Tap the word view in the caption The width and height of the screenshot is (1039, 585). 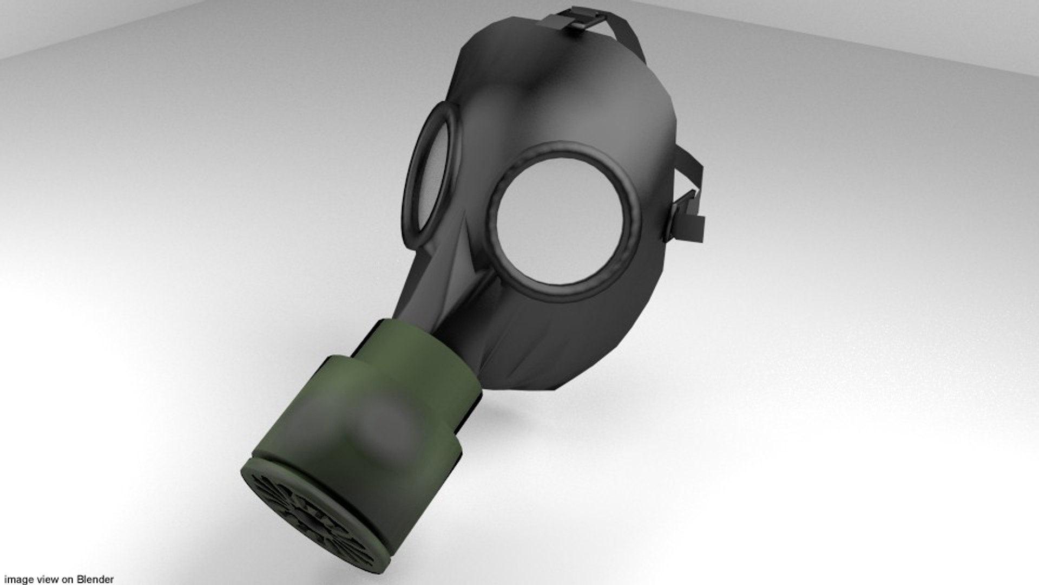[41, 580]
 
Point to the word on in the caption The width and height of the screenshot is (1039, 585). [67, 580]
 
